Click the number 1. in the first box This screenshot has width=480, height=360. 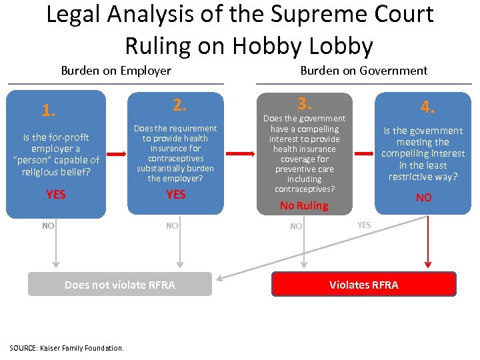tap(49, 110)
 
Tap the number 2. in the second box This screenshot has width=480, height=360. tap(179, 105)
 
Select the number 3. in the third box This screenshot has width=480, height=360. tap(304, 104)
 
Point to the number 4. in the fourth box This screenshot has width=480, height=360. tap(427, 107)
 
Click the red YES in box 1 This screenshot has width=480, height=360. tap(56, 195)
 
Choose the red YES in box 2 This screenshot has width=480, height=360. tap(175, 195)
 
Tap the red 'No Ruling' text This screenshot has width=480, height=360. tap(304, 205)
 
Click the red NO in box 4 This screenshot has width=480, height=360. tap(423, 197)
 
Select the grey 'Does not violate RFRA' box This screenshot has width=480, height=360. tap(120, 285)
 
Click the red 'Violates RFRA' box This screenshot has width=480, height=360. tap(364, 285)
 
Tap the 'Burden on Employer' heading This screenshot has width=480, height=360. tap(116, 71)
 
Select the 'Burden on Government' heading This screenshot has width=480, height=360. tap(363, 70)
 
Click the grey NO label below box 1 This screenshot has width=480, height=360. tap(48, 226)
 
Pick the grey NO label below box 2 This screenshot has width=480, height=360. tap(172, 226)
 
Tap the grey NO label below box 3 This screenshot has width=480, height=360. tap(296, 227)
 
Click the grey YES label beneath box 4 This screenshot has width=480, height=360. tap(364, 225)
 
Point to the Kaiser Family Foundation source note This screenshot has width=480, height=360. tap(67, 348)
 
